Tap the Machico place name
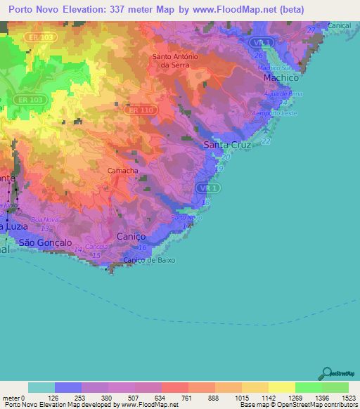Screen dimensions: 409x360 (282, 77)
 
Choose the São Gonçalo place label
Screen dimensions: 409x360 (45, 242)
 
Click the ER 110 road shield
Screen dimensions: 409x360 (141, 110)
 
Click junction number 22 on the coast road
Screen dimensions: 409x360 (266, 142)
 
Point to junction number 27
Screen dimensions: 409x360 (311, 30)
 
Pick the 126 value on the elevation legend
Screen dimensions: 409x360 (67, 398)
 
